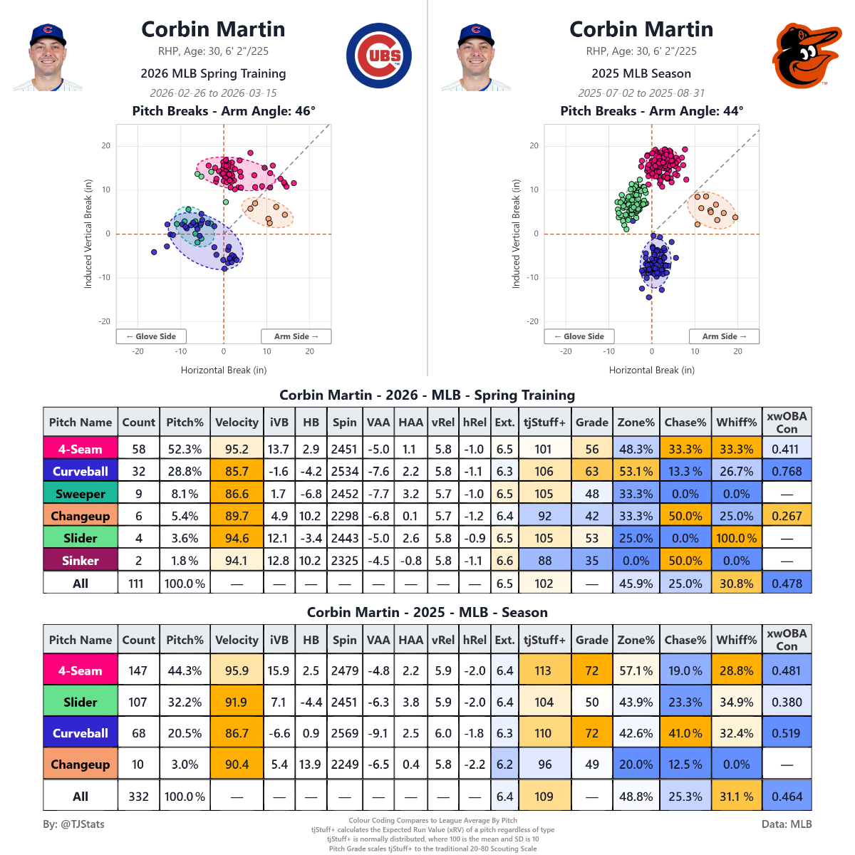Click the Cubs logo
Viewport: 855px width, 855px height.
click(x=378, y=56)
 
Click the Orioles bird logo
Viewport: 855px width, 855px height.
click(x=806, y=56)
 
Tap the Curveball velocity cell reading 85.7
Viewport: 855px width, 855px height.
click(x=237, y=472)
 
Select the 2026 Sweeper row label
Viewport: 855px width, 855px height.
click(x=81, y=494)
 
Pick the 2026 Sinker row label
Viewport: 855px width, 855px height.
click(x=81, y=561)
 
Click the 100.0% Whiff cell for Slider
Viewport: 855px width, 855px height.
click(x=736, y=539)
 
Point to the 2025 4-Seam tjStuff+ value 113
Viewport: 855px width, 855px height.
click(x=544, y=670)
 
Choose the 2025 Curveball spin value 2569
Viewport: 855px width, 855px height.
click(x=344, y=733)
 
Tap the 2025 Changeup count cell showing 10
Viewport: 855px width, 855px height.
click(x=138, y=765)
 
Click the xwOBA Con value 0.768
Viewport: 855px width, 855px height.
click(x=787, y=472)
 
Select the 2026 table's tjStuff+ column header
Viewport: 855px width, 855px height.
click(x=544, y=423)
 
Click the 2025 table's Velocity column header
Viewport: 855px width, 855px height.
click(x=237, y=640)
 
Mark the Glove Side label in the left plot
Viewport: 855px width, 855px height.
click(x=151, y=336)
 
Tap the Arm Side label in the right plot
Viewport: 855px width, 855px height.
click(x=724, y=336)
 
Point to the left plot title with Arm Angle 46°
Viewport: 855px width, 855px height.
click(x=224, y=111)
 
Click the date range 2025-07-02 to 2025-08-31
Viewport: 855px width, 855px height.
click(x=641, y=93)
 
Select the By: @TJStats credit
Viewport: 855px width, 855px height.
click(x=74, y=824)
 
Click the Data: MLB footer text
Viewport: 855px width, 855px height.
click(x=787, y=824)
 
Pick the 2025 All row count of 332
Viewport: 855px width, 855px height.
click(x=138, y=797)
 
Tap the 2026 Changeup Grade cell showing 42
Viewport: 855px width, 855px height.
click(x=592, y=517)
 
